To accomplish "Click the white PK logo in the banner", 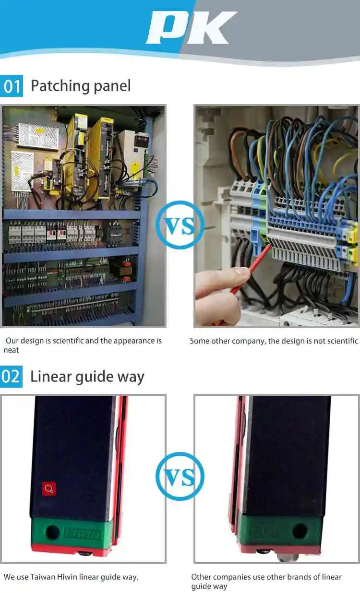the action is [191, 27].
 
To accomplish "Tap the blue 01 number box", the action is [12, 86].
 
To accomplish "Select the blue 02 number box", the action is [11, 376].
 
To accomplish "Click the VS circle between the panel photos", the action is [180, 225].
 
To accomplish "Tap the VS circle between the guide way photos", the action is [180, 476].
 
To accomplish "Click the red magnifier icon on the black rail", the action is [48, 489].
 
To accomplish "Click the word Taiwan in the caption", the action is [42, 577].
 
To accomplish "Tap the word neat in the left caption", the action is [11, 350].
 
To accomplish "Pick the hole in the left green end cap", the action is [52, 532].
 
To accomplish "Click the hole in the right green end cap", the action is [300, 531].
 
